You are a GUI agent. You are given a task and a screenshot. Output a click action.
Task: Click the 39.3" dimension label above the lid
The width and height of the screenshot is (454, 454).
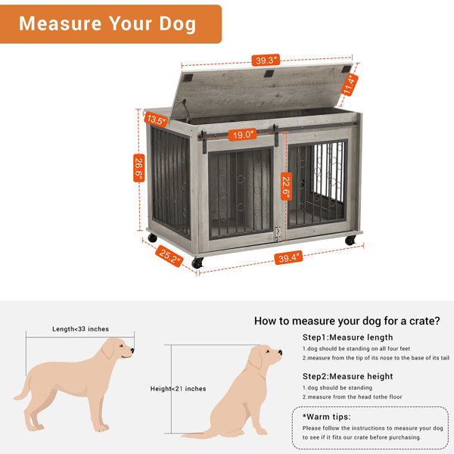pos(266,61)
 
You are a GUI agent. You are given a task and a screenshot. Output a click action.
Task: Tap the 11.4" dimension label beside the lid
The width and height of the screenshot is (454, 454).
pos(350,85)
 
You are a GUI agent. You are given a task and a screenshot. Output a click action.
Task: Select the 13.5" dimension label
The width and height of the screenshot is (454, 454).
pos(156,120)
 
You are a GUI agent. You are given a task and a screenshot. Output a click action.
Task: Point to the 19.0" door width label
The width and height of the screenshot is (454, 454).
pos(242,135)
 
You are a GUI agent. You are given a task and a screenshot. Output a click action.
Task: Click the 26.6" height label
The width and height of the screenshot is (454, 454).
pos(139,168)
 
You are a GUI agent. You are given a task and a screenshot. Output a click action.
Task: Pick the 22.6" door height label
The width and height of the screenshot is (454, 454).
pos(286,186)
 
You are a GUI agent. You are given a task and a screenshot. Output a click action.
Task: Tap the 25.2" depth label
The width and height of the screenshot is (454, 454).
pos(169,256)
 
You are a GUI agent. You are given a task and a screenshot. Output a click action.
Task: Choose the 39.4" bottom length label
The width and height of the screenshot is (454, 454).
pos(288,257)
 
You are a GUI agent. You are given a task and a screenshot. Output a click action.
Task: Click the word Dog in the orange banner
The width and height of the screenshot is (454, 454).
pos(178,23)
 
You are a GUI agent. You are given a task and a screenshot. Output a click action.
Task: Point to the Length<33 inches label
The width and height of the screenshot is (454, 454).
pos(80,329)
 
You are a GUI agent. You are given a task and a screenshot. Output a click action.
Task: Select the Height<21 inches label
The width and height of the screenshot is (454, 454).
pos(178,389)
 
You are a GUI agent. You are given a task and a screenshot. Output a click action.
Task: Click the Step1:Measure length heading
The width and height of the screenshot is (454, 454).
pos(347,337)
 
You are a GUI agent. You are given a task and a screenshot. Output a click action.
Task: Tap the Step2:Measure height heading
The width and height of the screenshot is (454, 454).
pos(347,376)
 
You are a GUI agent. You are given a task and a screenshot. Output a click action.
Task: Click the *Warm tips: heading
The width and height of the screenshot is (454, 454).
pos(326,417)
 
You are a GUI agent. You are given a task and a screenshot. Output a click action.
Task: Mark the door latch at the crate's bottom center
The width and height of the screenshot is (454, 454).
pos(278,233)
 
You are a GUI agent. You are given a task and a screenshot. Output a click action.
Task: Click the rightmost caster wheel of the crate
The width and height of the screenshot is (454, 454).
pos(350,240)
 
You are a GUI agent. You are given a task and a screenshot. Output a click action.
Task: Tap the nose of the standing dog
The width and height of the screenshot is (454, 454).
pos(132,350)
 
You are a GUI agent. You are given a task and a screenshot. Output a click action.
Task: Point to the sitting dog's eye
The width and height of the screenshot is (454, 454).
pos(268,352)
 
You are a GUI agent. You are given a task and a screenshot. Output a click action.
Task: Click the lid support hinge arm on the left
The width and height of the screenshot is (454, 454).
pos(186,110)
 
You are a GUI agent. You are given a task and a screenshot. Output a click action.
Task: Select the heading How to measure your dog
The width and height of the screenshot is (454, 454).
pos(347,321)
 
